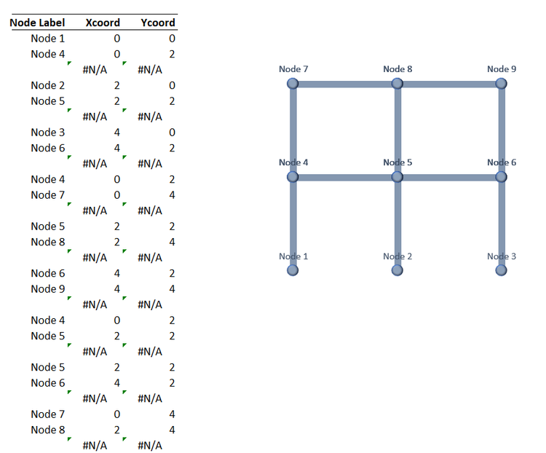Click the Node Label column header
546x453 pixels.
(x=37, y=23)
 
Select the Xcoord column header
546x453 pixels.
(x=103, y=23)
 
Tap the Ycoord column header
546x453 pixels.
(x=158, y=23)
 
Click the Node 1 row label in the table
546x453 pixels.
(x=48, y=39)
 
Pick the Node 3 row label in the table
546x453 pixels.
(x=48, y=133)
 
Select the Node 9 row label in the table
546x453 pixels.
(x=48, y=289)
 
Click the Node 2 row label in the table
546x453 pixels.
(x=48, y=85)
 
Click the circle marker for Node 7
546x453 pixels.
(x=293, y=84)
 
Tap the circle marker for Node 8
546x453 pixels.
(x=397, y=84)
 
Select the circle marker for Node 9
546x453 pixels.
(x=501, y=84)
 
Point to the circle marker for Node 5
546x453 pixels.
(x=397, y=177)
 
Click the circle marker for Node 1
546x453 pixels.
(x=293, y=270)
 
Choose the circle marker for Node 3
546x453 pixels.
(x=501, y=270)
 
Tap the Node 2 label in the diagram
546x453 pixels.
(x=397, y=256)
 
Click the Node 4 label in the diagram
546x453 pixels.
(x=293, y=162)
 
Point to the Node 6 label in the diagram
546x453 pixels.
(x=502, y=162)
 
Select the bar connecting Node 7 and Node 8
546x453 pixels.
(x=345, y=84)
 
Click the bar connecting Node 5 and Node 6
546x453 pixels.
(x=449, y=178)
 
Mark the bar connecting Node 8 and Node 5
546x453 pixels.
(x=397, y=130)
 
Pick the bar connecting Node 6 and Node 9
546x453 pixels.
(x=502, y=130)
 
